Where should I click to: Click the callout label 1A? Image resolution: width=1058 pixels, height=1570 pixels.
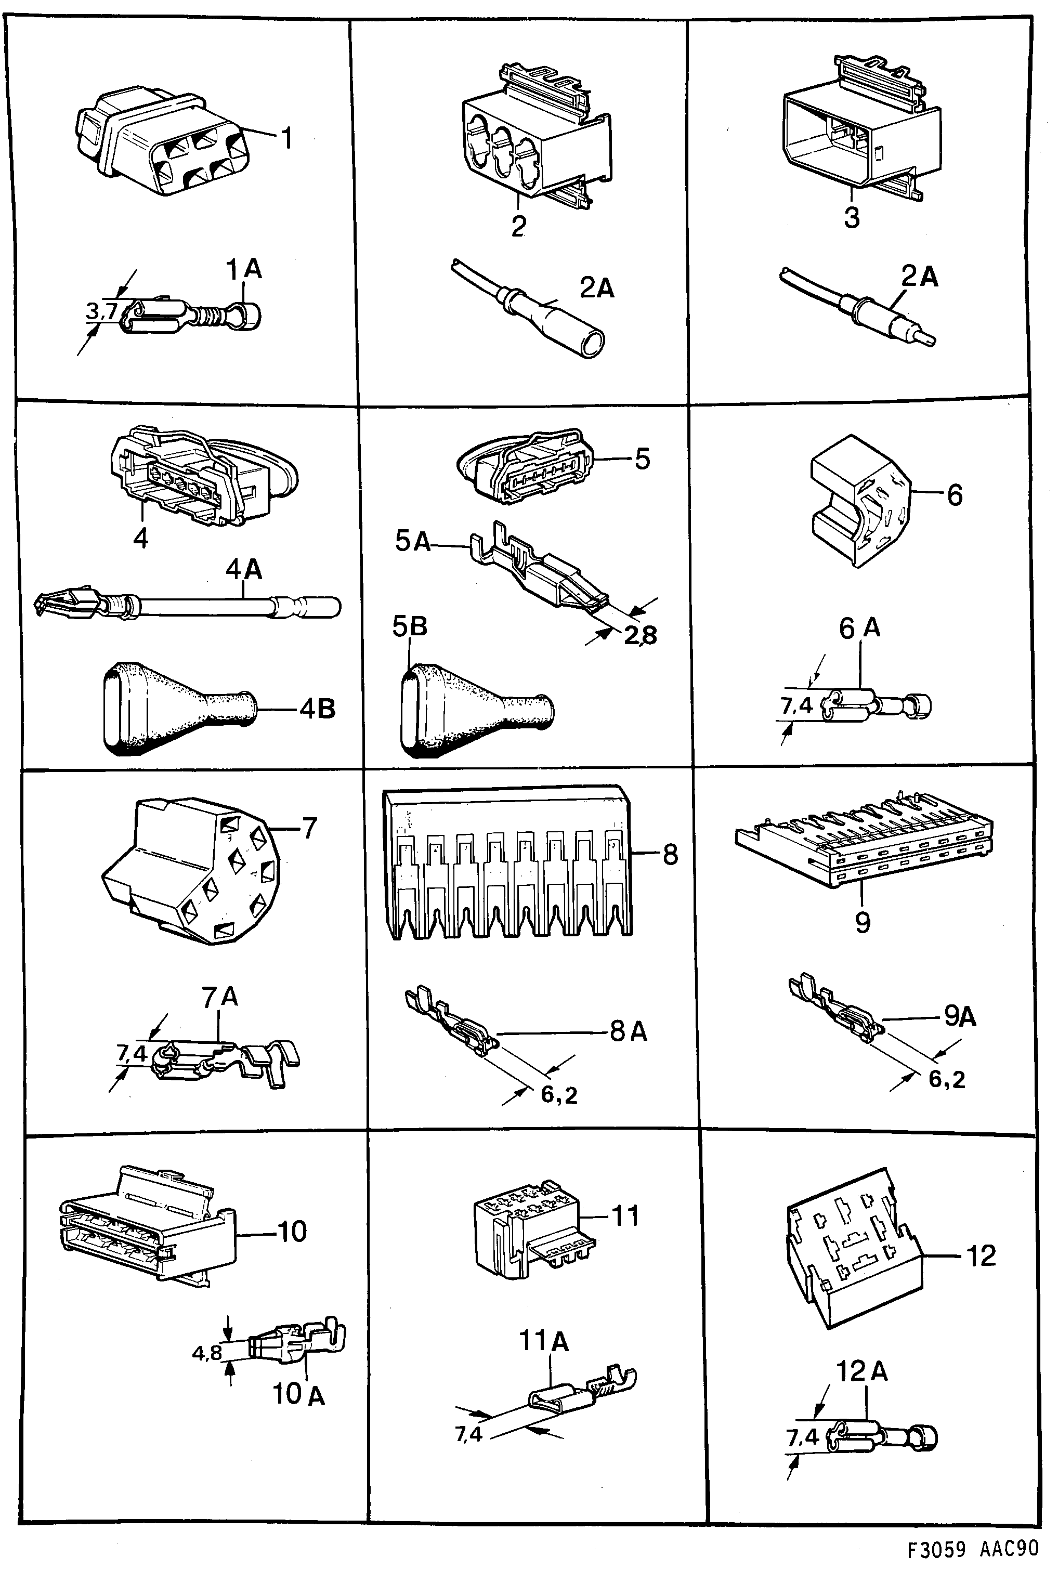[x=244, y=270]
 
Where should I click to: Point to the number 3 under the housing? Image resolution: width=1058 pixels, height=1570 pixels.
[x=852, y=218]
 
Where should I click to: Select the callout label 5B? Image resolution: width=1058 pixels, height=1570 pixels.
[x=410, y=627]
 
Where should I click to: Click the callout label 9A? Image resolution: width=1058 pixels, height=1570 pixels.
[x=960, y=1016]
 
